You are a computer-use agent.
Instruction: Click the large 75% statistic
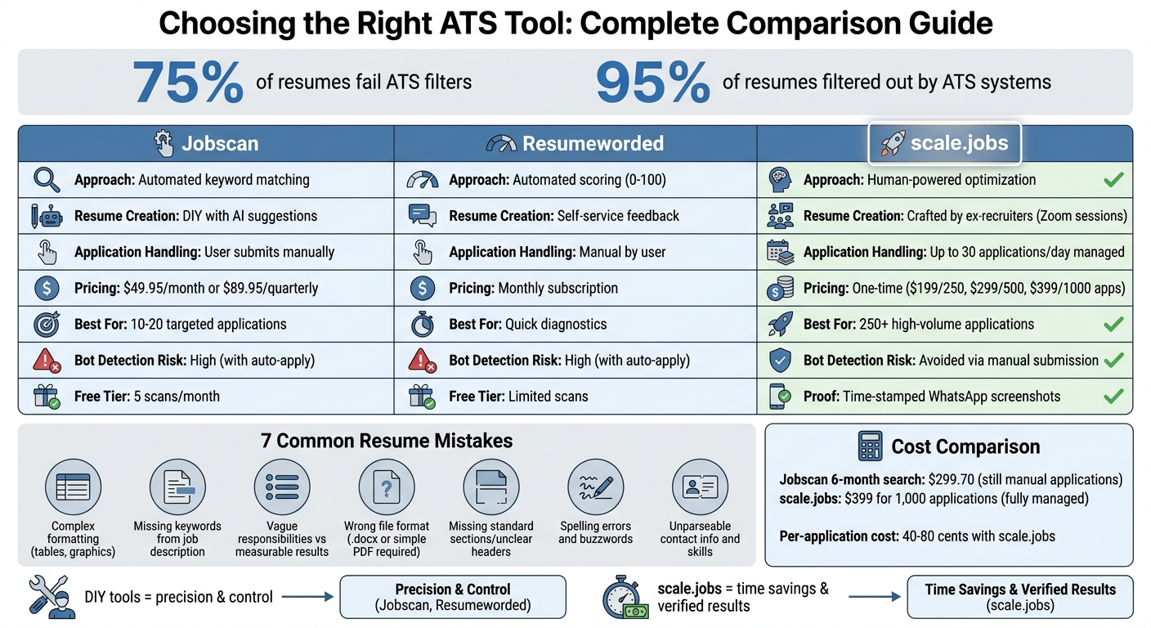coord(188,83)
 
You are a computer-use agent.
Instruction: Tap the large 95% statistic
coord(652,83)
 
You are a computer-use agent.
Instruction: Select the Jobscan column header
coord(206,144)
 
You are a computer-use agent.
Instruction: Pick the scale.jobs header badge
coord(944,144)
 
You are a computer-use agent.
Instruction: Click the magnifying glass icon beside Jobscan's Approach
coord(46,180)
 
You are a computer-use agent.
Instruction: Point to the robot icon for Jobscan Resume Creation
coord(46,216)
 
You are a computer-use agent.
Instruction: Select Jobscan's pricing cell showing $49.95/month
coord(196,288)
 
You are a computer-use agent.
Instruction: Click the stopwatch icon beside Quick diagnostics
coord(422,324)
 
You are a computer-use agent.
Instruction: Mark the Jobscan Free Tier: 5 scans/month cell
coord(147,397)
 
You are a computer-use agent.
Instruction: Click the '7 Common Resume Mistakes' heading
coord(387,441)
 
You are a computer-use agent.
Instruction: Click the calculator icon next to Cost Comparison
coord(870,446)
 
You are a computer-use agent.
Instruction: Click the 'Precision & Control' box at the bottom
coord(452,597)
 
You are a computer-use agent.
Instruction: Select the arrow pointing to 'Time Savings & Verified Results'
coord(876,597)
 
